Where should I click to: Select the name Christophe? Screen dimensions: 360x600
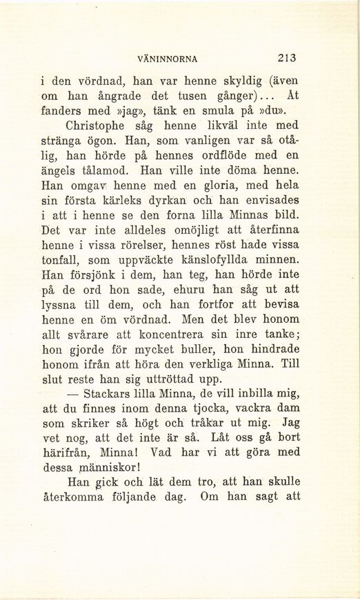click(100, 126)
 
